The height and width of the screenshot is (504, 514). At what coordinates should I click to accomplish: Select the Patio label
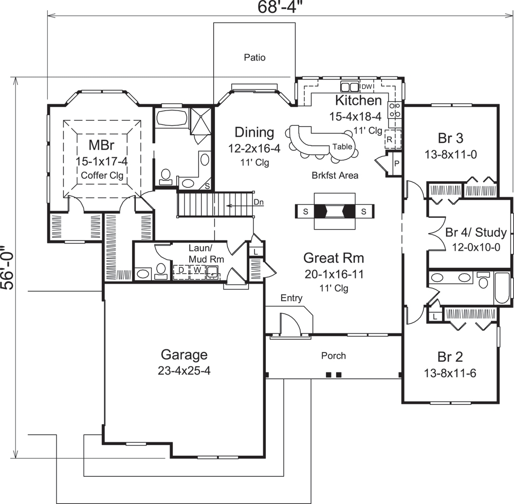(x=254, y=58)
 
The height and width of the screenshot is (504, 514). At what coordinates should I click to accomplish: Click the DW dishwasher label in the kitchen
(x=366, y=86)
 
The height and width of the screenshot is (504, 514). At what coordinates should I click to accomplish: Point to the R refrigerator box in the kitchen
(x=390, y=139)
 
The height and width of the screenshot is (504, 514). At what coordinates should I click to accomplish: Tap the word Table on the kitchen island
(x=342, y=146)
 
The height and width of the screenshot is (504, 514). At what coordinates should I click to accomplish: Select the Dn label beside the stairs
(x=259, y=202)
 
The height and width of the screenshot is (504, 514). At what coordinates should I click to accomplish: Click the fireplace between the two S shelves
(x=335, y=211)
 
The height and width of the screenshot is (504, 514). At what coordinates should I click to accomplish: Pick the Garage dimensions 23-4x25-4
(x=184, y=371)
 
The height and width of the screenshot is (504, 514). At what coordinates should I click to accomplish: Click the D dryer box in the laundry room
(x=181, y=269)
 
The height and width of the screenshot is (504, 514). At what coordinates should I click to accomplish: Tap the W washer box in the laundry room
(x=196, y=269)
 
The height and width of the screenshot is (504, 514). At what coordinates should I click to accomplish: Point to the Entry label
(x=291, y=298)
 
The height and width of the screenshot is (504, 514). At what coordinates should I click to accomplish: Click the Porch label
(x=334, y=356)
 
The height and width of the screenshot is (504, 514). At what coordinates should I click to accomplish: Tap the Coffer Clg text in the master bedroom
(x=102, y=175)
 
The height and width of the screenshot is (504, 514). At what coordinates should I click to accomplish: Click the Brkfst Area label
(x=335, y=175)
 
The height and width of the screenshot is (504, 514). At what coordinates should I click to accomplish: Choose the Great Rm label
(x=334, y=257)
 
